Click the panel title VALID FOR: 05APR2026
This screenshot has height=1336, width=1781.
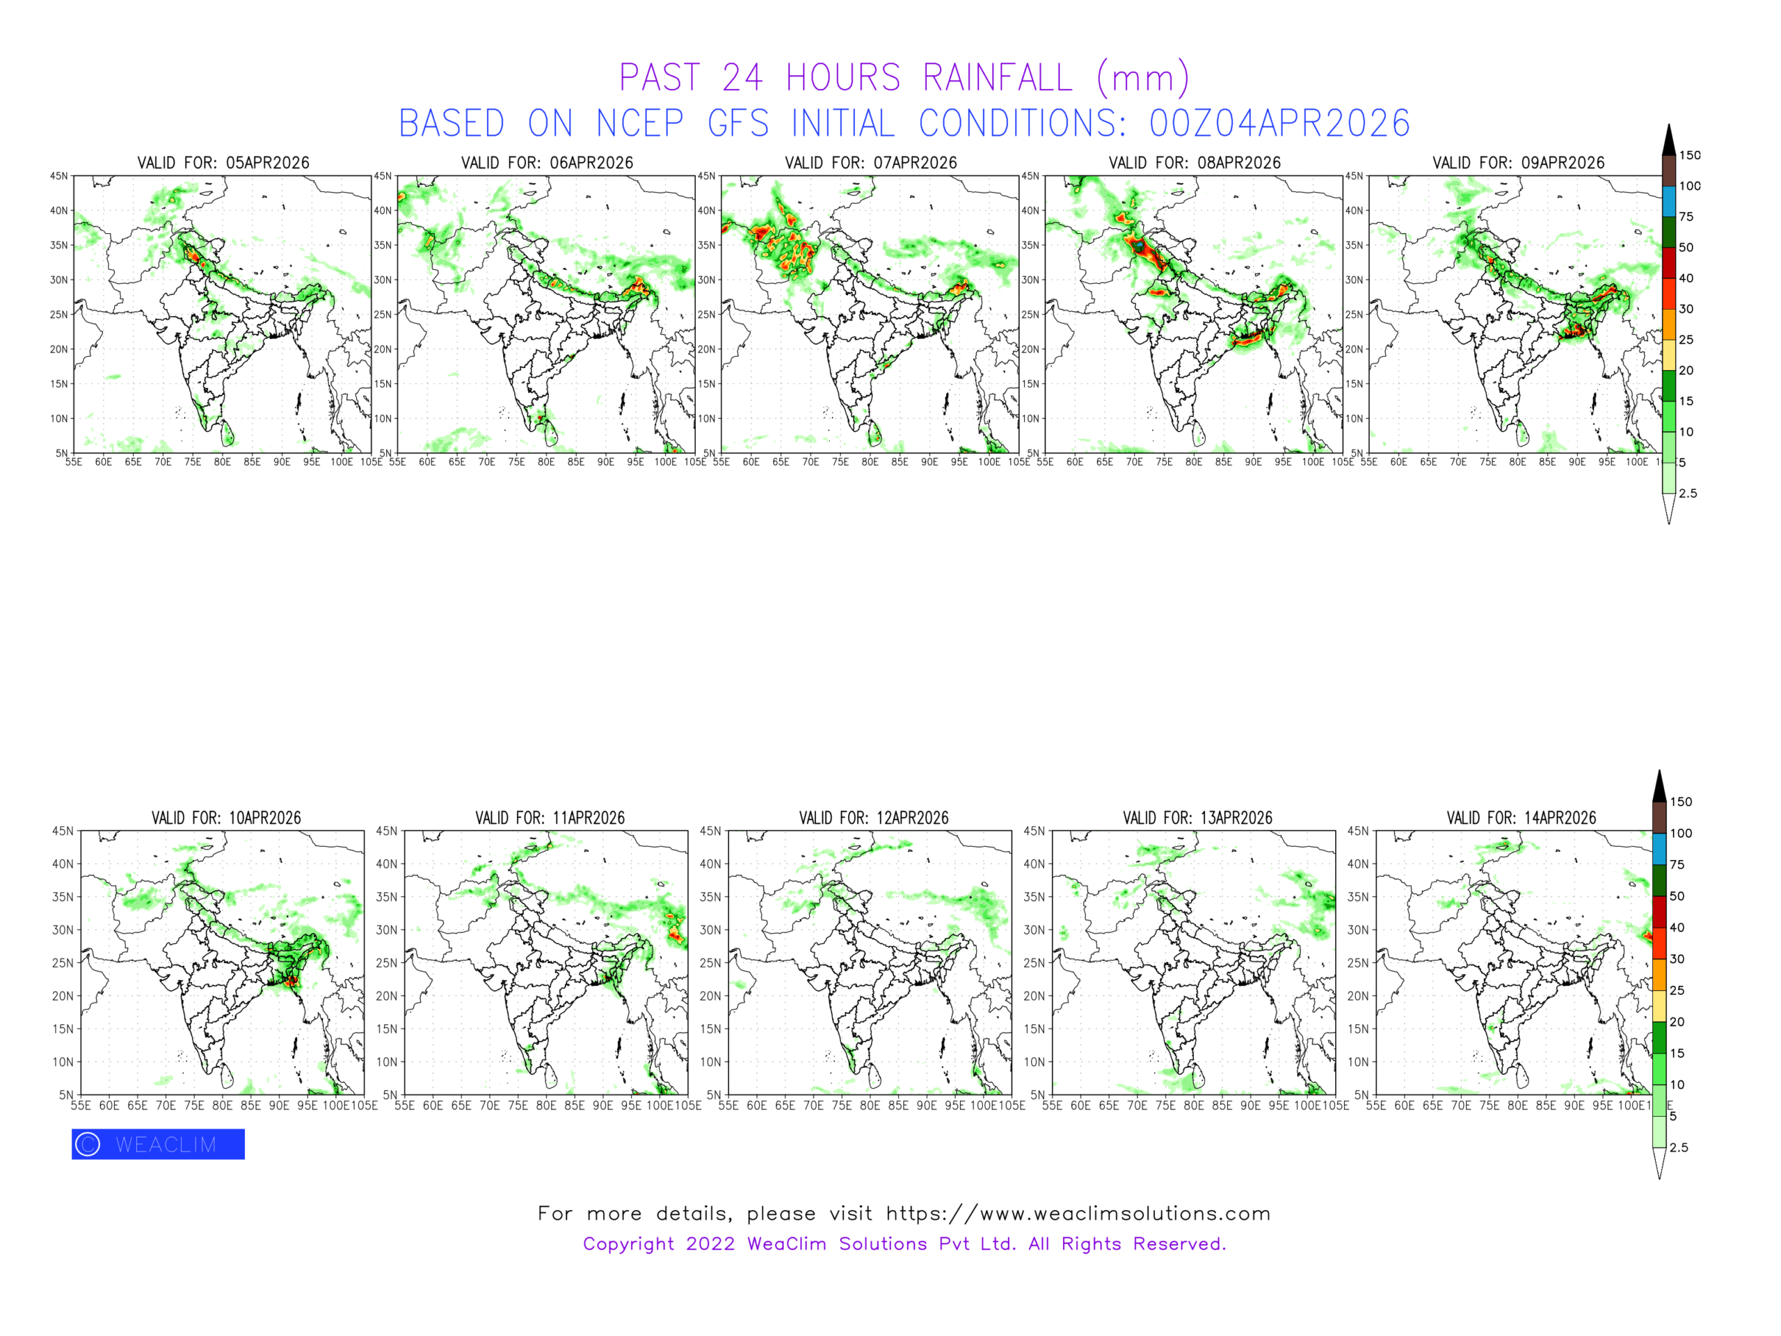[223, 163]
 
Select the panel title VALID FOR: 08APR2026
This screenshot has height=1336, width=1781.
[1194, 163]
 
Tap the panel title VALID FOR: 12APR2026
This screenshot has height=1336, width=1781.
[874, 818]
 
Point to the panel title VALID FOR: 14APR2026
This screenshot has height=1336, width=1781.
[1521, 818]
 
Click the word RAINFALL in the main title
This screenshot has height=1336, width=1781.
[997, 78]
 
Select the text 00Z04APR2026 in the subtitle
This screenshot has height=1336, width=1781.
[1279, 124]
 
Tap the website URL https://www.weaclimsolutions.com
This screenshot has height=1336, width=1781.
[1078, 1214]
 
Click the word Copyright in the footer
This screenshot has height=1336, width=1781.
[629, 1244]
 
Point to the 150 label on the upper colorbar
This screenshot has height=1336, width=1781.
[1689, 155]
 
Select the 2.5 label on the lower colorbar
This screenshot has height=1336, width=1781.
[1679, 1147]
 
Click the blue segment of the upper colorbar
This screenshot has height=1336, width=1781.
[1669, 201]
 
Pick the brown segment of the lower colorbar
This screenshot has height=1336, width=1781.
[1659, 818]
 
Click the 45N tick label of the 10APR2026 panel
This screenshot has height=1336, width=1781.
[63, 831]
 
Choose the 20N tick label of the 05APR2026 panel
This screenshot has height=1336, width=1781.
[58, 349]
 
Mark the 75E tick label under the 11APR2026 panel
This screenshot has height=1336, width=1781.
[518, 1106]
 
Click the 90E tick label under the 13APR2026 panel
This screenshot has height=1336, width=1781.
[1250, 1106]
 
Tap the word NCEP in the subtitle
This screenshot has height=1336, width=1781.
[640, 124]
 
